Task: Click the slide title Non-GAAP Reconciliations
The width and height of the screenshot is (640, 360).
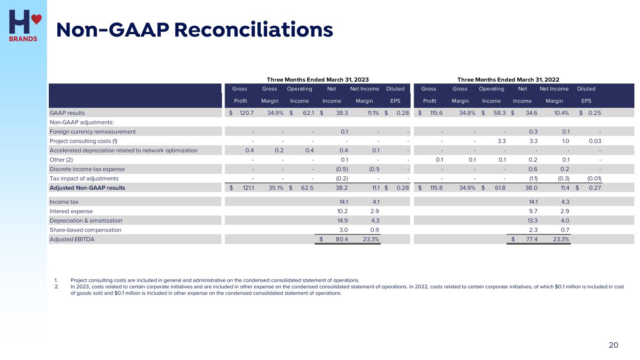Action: (x=195, y=30)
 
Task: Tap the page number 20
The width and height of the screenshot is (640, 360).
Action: (x=613, y=345)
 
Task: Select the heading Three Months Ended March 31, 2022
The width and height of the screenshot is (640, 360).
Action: (x=508, y=80)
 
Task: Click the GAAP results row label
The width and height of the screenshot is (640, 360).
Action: (x=67, y=113)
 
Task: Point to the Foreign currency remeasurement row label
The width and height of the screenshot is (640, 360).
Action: (x=93, y=132)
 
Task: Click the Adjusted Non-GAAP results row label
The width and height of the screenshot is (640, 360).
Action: (x=87, y=188)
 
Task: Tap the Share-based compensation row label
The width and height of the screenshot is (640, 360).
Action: (x=85, y=230)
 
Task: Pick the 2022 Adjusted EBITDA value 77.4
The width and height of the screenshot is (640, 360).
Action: (x=530, y=240)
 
